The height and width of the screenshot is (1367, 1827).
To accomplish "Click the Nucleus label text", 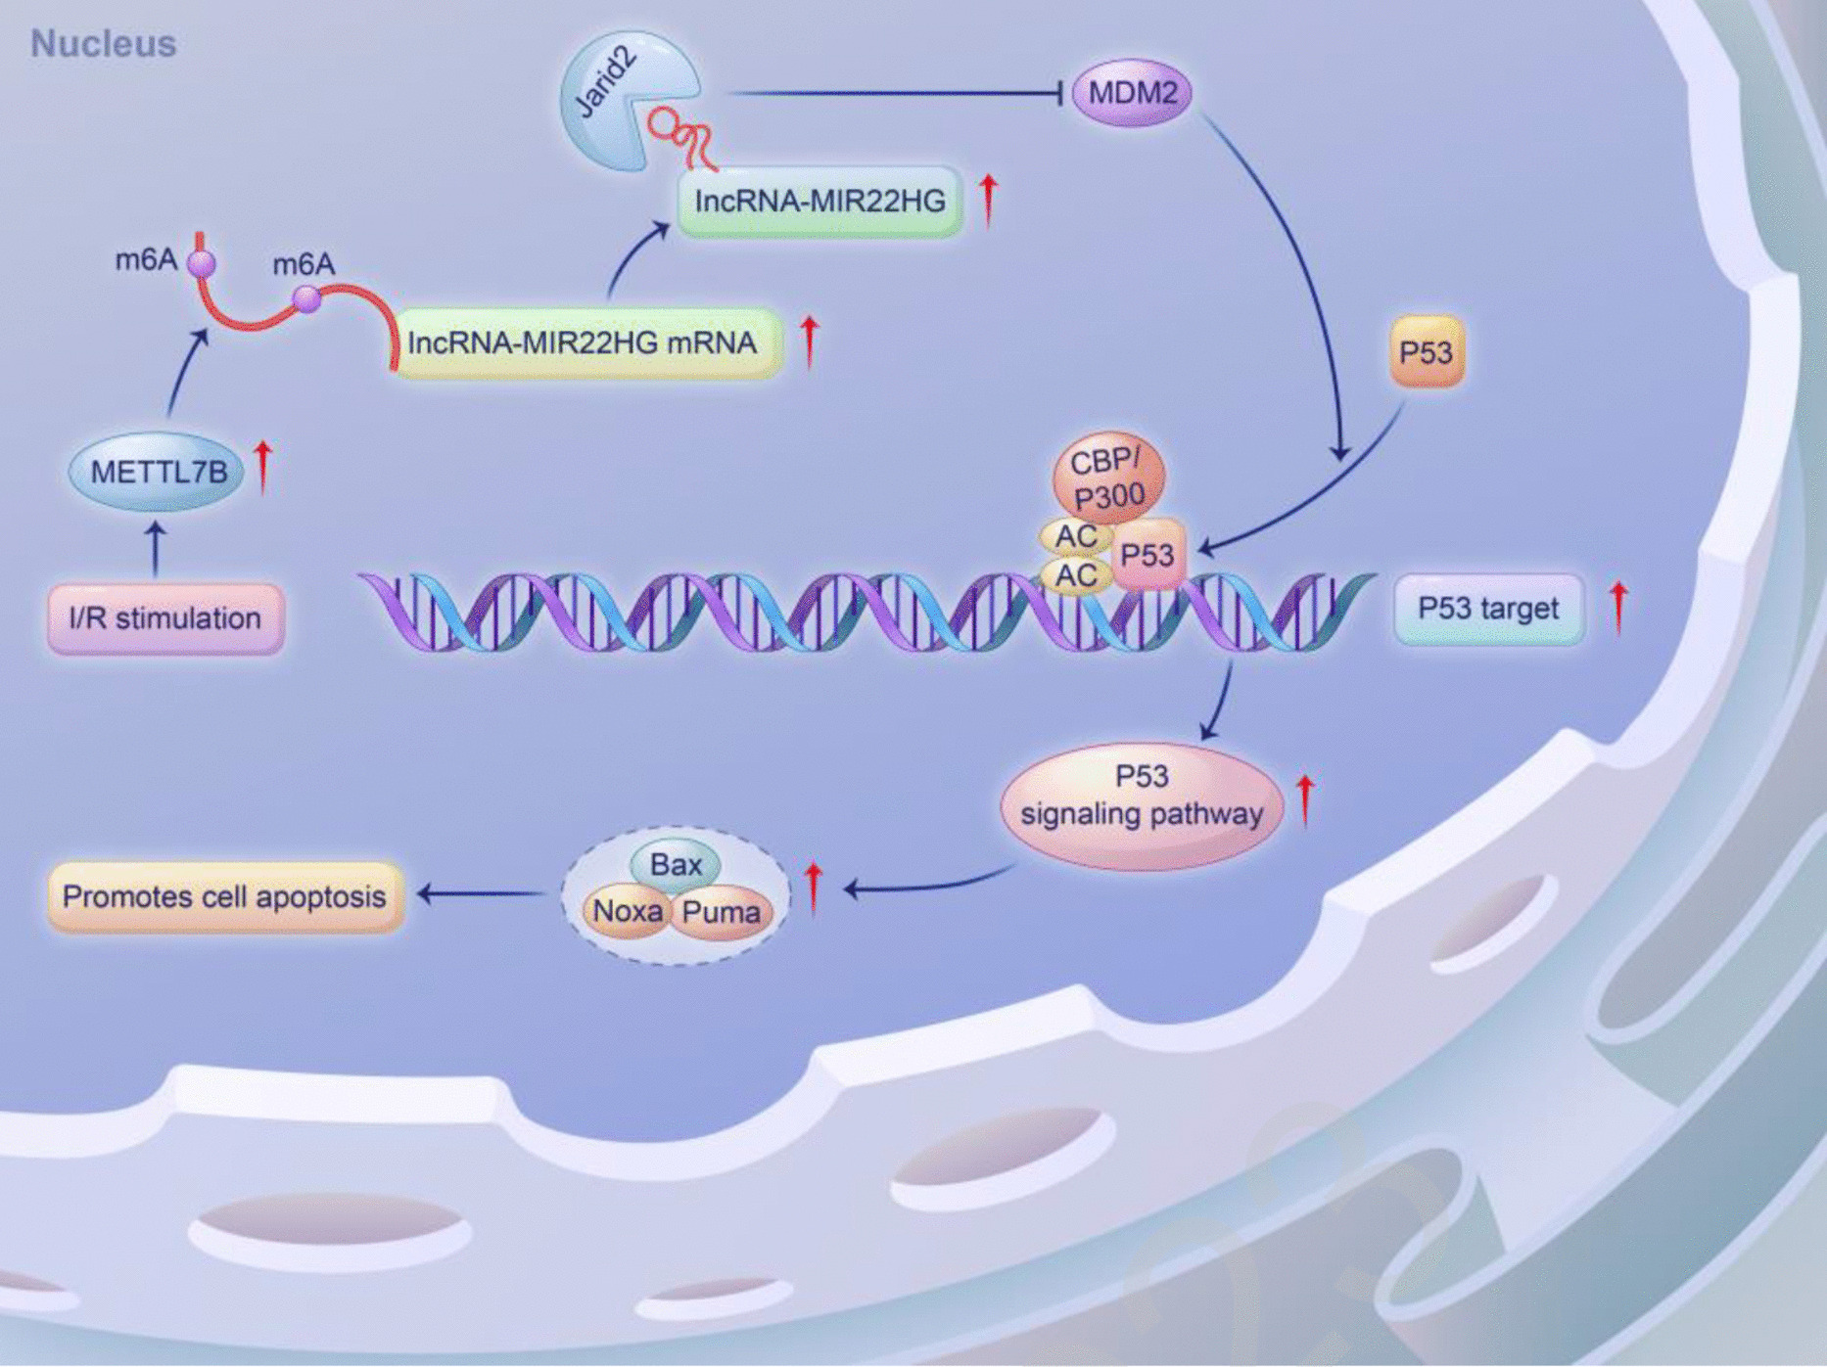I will pos(103,44).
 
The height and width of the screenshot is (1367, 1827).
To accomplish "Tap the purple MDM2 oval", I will pos(1132,94).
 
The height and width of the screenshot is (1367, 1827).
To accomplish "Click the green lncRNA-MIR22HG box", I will pos(820,202).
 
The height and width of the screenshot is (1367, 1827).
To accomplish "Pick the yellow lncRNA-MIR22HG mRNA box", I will pos(585,343).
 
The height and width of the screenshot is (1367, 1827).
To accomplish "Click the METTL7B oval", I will pos(158,473).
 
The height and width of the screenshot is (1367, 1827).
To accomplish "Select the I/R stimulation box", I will pos(165,618).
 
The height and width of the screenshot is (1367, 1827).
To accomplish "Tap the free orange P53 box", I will pos(1427,352).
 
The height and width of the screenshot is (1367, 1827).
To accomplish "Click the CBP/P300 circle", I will pos(1108,478).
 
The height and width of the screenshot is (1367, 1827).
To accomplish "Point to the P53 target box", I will pos(1488,609).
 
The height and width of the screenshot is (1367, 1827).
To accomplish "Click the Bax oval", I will pos(676,864).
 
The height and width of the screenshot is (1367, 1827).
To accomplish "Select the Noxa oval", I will pos(627,912).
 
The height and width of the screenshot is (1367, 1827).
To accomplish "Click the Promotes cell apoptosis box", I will pos(225,896).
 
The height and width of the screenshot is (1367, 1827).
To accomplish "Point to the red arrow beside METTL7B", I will pos(262,466).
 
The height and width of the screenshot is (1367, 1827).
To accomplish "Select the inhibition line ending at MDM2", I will pos(896,94).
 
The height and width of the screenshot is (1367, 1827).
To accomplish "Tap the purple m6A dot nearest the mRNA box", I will pos(307,298).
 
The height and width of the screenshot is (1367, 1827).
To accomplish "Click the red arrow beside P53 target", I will pos(1618,606).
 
